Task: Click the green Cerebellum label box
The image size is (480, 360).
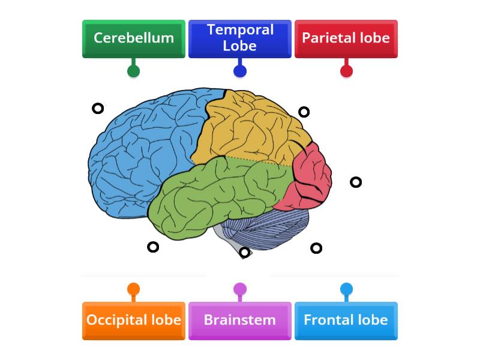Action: click(x=133, y=38)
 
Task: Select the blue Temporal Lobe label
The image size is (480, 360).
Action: click(x=240, y=38)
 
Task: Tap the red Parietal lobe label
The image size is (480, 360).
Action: click(x=346, y=38)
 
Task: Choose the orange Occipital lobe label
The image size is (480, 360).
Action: click(x=133, y=320)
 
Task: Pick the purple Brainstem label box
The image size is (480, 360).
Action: click(x=240, y=320)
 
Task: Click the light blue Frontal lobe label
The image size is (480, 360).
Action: click(x=346, y=320)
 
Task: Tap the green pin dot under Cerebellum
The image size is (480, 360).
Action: click(x=133, y=71)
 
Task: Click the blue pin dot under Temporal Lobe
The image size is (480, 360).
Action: click(x=240, y=71)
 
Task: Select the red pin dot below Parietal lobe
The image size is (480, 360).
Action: click(x=346, y=71)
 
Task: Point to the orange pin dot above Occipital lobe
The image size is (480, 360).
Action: click(x=133, y=289)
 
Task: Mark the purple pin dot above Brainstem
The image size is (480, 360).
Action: click(x=240, y=289)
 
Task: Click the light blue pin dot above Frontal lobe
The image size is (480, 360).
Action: click(x=346, y=289)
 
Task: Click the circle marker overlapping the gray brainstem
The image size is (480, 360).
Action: click(x=244, y=253)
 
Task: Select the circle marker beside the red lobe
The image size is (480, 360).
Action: click(x=356, y=182)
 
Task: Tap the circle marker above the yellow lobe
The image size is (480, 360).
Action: click(x=304, y=112)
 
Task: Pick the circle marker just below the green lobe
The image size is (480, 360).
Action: click(x=153, y=247)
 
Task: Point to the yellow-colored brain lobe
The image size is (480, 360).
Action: click(x=252, y=129)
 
